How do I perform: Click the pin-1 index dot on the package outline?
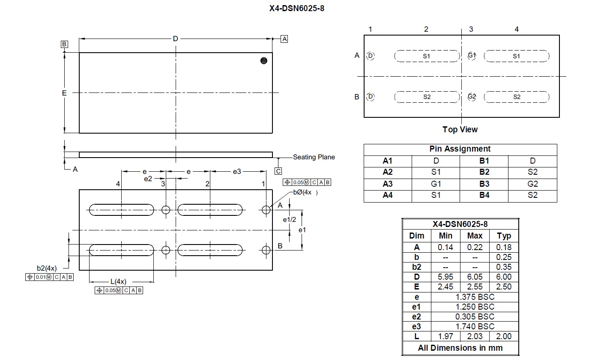(x=264, y=61)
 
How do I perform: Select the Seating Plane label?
(x=314, y=157)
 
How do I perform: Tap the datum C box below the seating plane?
(x=278, y=171)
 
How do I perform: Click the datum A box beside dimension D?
(x=284, y=39)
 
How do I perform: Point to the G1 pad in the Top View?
(x=472, y=56)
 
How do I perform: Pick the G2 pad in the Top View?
(x=472, y=97)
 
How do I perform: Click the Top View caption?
(x=460, y=129)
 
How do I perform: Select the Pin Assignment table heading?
(x=460, y=149)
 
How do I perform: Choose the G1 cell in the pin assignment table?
(x=436, y=184)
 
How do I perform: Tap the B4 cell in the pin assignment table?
(x=484, y=195)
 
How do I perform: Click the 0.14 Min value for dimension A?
(x=445, y=247)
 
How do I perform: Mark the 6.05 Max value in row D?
(x=475, y=277)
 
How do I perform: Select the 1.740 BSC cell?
(x=475, y=326)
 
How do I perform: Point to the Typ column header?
(x=504, y=236)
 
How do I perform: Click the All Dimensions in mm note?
(x=460, y=348)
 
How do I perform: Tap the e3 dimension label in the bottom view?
(x=237, y=171)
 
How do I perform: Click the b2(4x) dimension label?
(x=46, y=269)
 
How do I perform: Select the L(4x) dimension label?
(x=118, y=281)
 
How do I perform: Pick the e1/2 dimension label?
(x=290, y=220)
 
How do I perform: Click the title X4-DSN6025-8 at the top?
(x=296, y=8)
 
